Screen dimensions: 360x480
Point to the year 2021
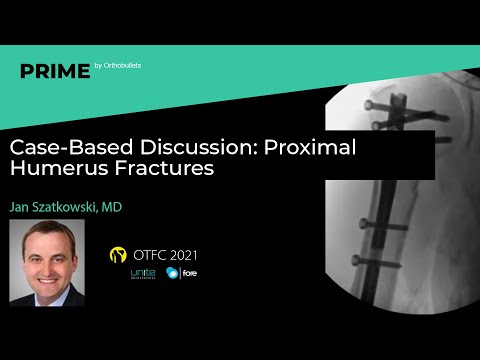coord(194,255)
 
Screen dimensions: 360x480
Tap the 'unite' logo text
coord(143,273)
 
